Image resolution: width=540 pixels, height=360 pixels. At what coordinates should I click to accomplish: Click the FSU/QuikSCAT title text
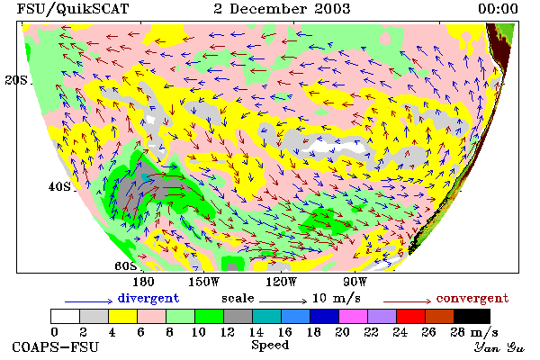[73, 9]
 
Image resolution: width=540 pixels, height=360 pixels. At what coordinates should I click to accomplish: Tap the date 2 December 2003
[282, 9]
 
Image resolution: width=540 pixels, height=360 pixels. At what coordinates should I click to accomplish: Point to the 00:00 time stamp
[498, 9]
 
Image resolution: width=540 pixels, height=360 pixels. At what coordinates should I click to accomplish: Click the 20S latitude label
[16, 80]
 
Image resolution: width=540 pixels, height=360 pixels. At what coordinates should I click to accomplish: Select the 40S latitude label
[59, 186]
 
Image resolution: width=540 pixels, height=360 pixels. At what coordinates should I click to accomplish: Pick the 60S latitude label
[125, 265]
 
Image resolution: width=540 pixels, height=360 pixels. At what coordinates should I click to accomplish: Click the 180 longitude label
[143, 282]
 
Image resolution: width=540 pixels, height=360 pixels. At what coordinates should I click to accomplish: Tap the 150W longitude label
[204, 282]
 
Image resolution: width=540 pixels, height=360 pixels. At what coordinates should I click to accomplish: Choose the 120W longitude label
[281, 282]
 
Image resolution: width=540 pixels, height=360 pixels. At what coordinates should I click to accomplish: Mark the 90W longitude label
[355, 282]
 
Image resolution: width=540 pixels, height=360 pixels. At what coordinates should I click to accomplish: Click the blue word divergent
[148, 298]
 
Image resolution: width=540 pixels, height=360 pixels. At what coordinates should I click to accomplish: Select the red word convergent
[472, 298]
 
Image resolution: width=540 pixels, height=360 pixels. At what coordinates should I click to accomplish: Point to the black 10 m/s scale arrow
[283, 301]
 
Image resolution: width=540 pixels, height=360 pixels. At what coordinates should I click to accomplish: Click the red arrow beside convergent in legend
[407, 301]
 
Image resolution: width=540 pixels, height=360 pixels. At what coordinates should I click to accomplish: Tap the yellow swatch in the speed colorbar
[123, 316]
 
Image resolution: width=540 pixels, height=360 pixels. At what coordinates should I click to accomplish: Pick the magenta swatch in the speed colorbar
[354, 316]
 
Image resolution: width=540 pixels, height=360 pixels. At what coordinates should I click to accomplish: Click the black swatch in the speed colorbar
[472, 316]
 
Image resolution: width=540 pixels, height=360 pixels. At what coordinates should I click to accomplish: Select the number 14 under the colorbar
[256, 332]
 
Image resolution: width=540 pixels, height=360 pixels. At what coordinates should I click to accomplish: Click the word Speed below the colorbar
[270, 346]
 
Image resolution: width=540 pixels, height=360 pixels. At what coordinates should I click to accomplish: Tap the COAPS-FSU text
[55, 346]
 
